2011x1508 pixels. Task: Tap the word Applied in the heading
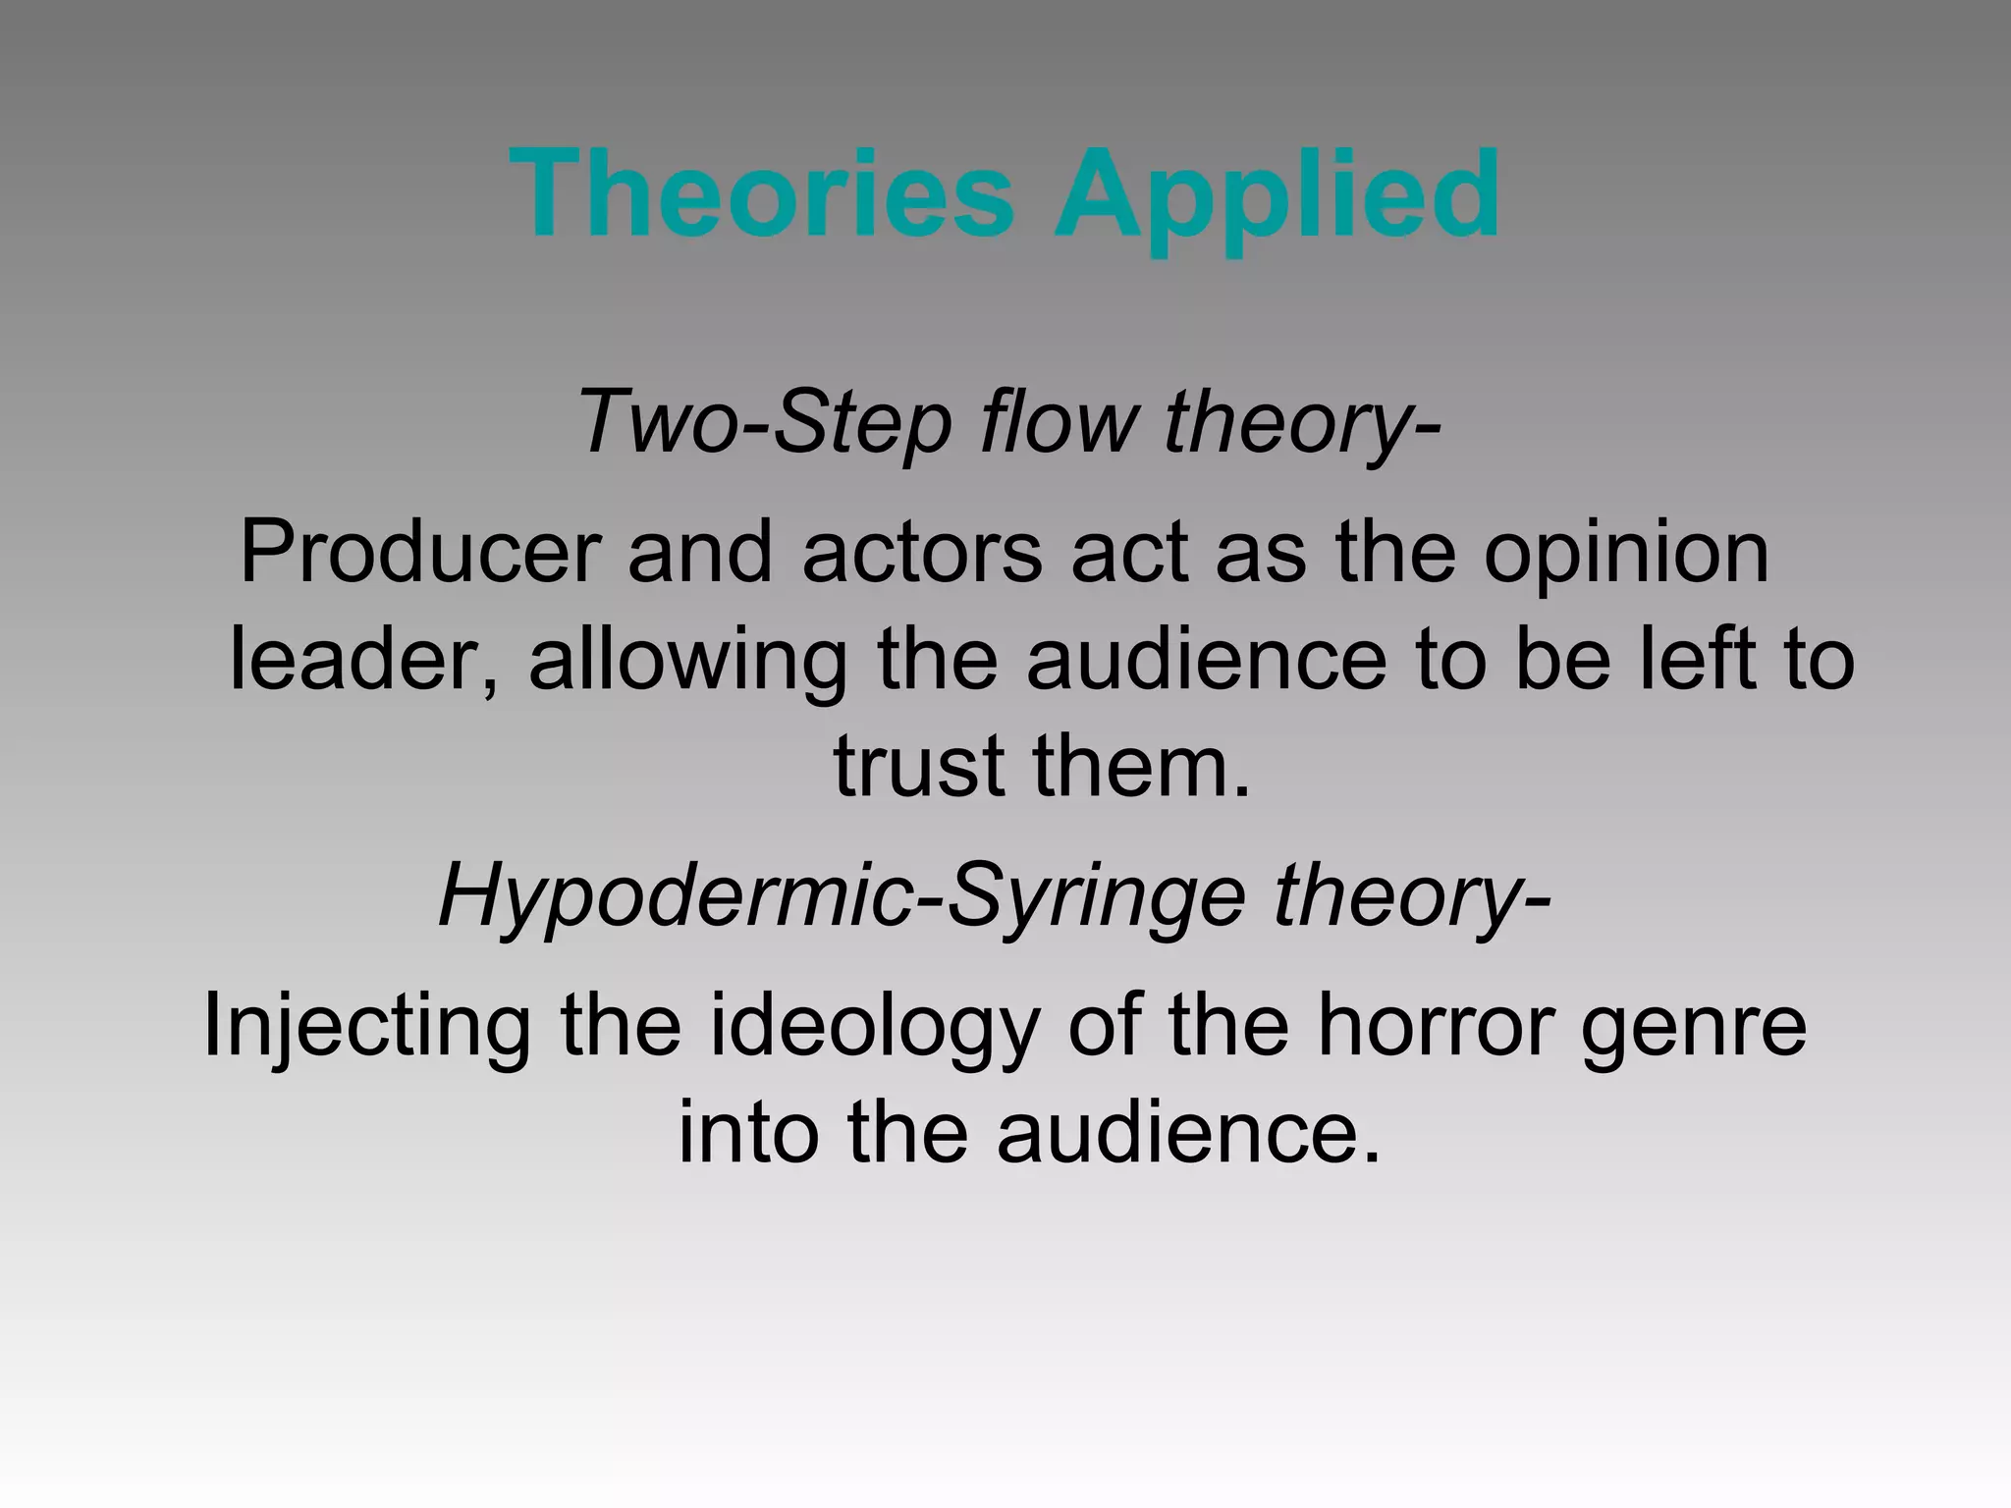1277,196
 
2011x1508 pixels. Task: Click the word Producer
420,554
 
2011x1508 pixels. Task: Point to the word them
1141,766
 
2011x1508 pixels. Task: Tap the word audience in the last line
1188,1133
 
